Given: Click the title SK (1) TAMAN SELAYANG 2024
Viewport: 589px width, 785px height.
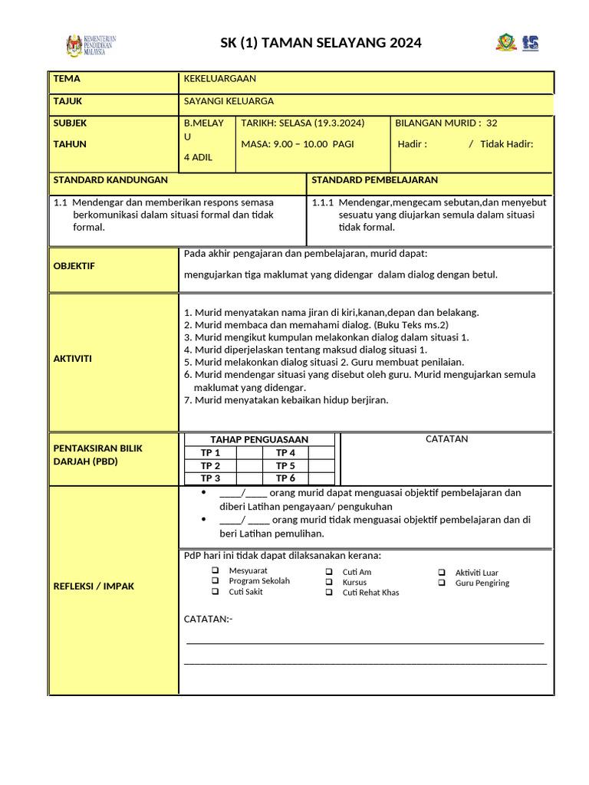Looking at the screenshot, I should pyautogui.click(x=321, y=43).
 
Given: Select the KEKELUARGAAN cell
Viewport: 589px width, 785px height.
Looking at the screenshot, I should pyautogui.click(x=220, y=79).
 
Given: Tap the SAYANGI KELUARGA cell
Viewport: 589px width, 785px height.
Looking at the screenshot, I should pyautogui.click(x=229, y=101).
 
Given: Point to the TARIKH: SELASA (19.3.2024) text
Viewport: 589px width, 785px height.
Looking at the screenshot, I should pyautogui.click(x=303, y=123).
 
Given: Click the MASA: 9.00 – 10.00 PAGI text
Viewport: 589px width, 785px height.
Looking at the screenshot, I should pyautogui.click(x=298, y=143).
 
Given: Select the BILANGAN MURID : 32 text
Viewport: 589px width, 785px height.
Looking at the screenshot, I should pyautogui.click(x=446, y=123).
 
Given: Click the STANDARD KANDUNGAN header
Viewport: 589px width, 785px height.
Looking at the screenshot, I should pyautogui.click(x=110, y=180).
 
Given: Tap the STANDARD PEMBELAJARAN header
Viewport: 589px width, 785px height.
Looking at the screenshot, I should pyautogui.click(x=375, y=180).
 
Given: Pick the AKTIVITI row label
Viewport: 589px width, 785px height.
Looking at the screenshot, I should pyautogui.click(x=73, y=359).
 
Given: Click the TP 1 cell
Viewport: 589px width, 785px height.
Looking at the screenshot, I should pyautogui.click(x=210, y=453).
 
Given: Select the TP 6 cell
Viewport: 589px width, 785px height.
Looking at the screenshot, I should pyautogui.click(x=286, y=478).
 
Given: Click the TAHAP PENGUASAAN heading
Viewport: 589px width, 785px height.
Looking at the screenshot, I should pyautogui.click(x=259, y=440).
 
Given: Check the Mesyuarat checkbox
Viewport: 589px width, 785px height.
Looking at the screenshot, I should pyautogui.click(x=216, y=571).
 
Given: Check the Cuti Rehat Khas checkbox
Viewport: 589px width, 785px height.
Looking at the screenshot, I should pyautogui.click(x=328, y=593).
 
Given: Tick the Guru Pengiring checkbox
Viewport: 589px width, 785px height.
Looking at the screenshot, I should pyautogui.click(x=442, y=583).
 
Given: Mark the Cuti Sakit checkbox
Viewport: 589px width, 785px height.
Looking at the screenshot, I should pyautogui.click(x=216, y=592).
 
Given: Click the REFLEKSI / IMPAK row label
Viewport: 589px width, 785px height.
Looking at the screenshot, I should pyautogui.click(x=94, y=586).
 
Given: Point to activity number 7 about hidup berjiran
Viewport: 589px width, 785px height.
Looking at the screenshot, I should pyautogui.click(x=286, y=400).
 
